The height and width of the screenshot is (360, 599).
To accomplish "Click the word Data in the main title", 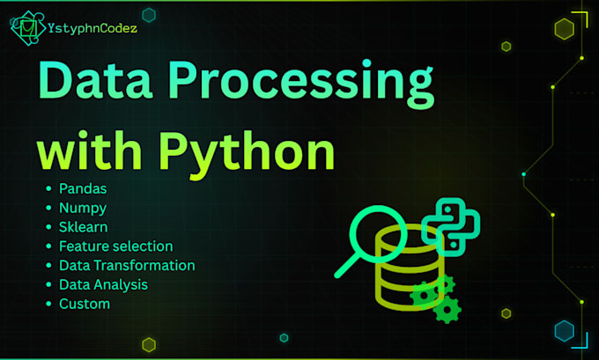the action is (x=95, y=81).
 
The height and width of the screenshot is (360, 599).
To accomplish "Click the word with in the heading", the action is (x=89, y=150).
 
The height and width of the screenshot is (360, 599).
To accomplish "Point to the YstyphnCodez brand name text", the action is (x=92, y=28).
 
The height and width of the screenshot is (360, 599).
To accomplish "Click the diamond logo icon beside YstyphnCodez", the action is (x=28, y=28).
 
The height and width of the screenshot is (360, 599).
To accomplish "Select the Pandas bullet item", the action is (x=83, y=188).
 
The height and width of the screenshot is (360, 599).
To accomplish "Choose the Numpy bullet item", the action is (x=83, y=209).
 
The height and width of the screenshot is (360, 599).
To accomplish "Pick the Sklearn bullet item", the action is (x=84, y=227).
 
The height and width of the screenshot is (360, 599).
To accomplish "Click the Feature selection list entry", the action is (x=116, y=246).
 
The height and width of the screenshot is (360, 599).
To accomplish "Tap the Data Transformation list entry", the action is (x=127, y=265).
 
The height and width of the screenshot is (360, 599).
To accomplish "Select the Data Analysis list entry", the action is (x=104, y=285).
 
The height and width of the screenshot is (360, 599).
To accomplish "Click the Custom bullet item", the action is (x=85, y=304).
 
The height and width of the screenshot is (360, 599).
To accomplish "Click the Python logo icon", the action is (x=451, y=227).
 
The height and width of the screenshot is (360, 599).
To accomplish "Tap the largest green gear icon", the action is (x=447, y=310).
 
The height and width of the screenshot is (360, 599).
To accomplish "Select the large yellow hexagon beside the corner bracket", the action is (x=565, y=29).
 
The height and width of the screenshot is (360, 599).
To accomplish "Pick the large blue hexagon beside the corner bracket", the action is (x=565, y=331).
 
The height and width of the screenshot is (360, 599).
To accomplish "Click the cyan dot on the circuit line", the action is (x=524, y=174).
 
